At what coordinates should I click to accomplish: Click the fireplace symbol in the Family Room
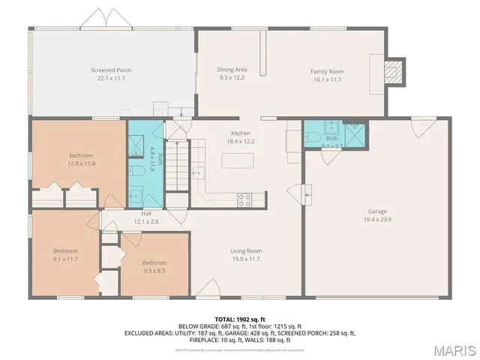(x=393, y=71)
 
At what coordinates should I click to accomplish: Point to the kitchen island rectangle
(x=238, y=160)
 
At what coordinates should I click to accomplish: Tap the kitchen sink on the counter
(x=198, y=173)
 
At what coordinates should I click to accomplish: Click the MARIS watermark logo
(x=454, y=349)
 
